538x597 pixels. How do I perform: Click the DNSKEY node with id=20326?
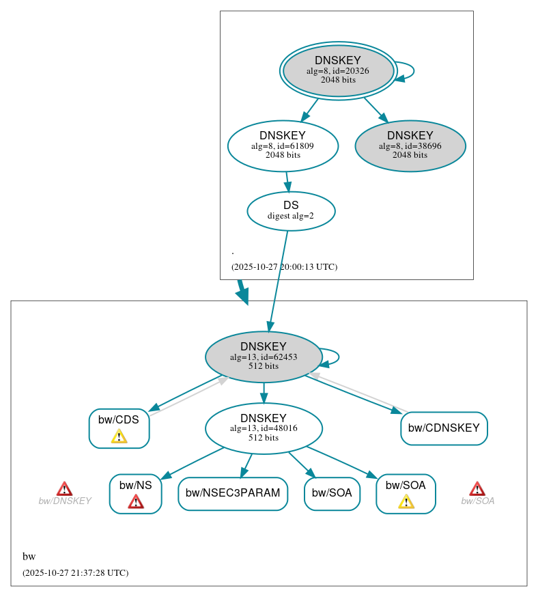[338, 70]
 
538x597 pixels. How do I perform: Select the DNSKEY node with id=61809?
[283, 145]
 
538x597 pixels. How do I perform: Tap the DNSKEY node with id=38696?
[410, 145]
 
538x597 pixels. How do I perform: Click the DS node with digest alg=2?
[291, 210]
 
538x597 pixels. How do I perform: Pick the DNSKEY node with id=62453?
[264, 357]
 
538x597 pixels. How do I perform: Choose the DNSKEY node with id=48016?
[264, 428]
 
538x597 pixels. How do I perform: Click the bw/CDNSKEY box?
[444, 428]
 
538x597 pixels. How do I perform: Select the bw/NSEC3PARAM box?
[233, 493]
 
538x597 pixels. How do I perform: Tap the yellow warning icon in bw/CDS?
[119, 436]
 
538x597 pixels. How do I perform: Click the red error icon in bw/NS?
[136, 501]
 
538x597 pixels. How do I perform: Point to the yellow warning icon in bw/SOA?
[406, 501]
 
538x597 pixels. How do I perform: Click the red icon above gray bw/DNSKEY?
[64, 488]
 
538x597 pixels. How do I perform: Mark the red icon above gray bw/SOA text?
[477, 488]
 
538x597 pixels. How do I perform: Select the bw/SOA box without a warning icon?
[332, 493]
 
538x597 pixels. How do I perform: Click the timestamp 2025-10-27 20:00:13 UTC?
[284, 267]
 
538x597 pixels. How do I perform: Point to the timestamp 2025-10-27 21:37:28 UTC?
[75, 573]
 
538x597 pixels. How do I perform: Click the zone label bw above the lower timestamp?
[29, 557]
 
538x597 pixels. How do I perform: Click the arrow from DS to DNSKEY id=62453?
[279, 280]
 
